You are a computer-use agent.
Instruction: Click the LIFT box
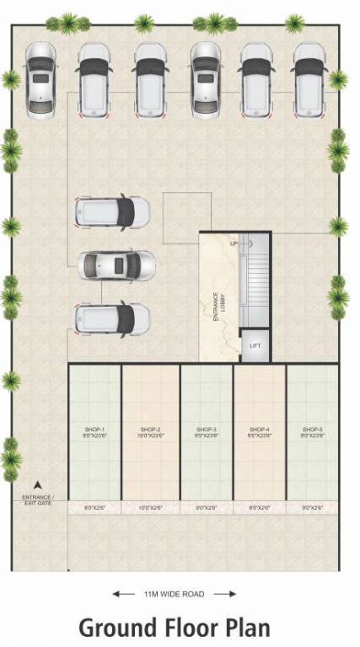pyautogui.click(x=255, y=346)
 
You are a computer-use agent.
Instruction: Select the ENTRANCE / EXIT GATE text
pyautogui.click(x=36, y=500)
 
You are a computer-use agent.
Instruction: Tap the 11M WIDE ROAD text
pyautogui.click(x=175, y=594)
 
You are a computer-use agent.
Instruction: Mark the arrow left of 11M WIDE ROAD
pyautogui.click(x=123, y=594)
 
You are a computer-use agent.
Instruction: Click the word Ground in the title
pyautogui.click(x=116, y=628)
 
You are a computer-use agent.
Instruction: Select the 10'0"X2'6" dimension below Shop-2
pyautogui.click(x=149, y=508)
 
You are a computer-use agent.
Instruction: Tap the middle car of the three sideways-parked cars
pyautogui.click(x=116, y=265)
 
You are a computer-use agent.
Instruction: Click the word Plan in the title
pyautogui.click(x=243, y=628)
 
